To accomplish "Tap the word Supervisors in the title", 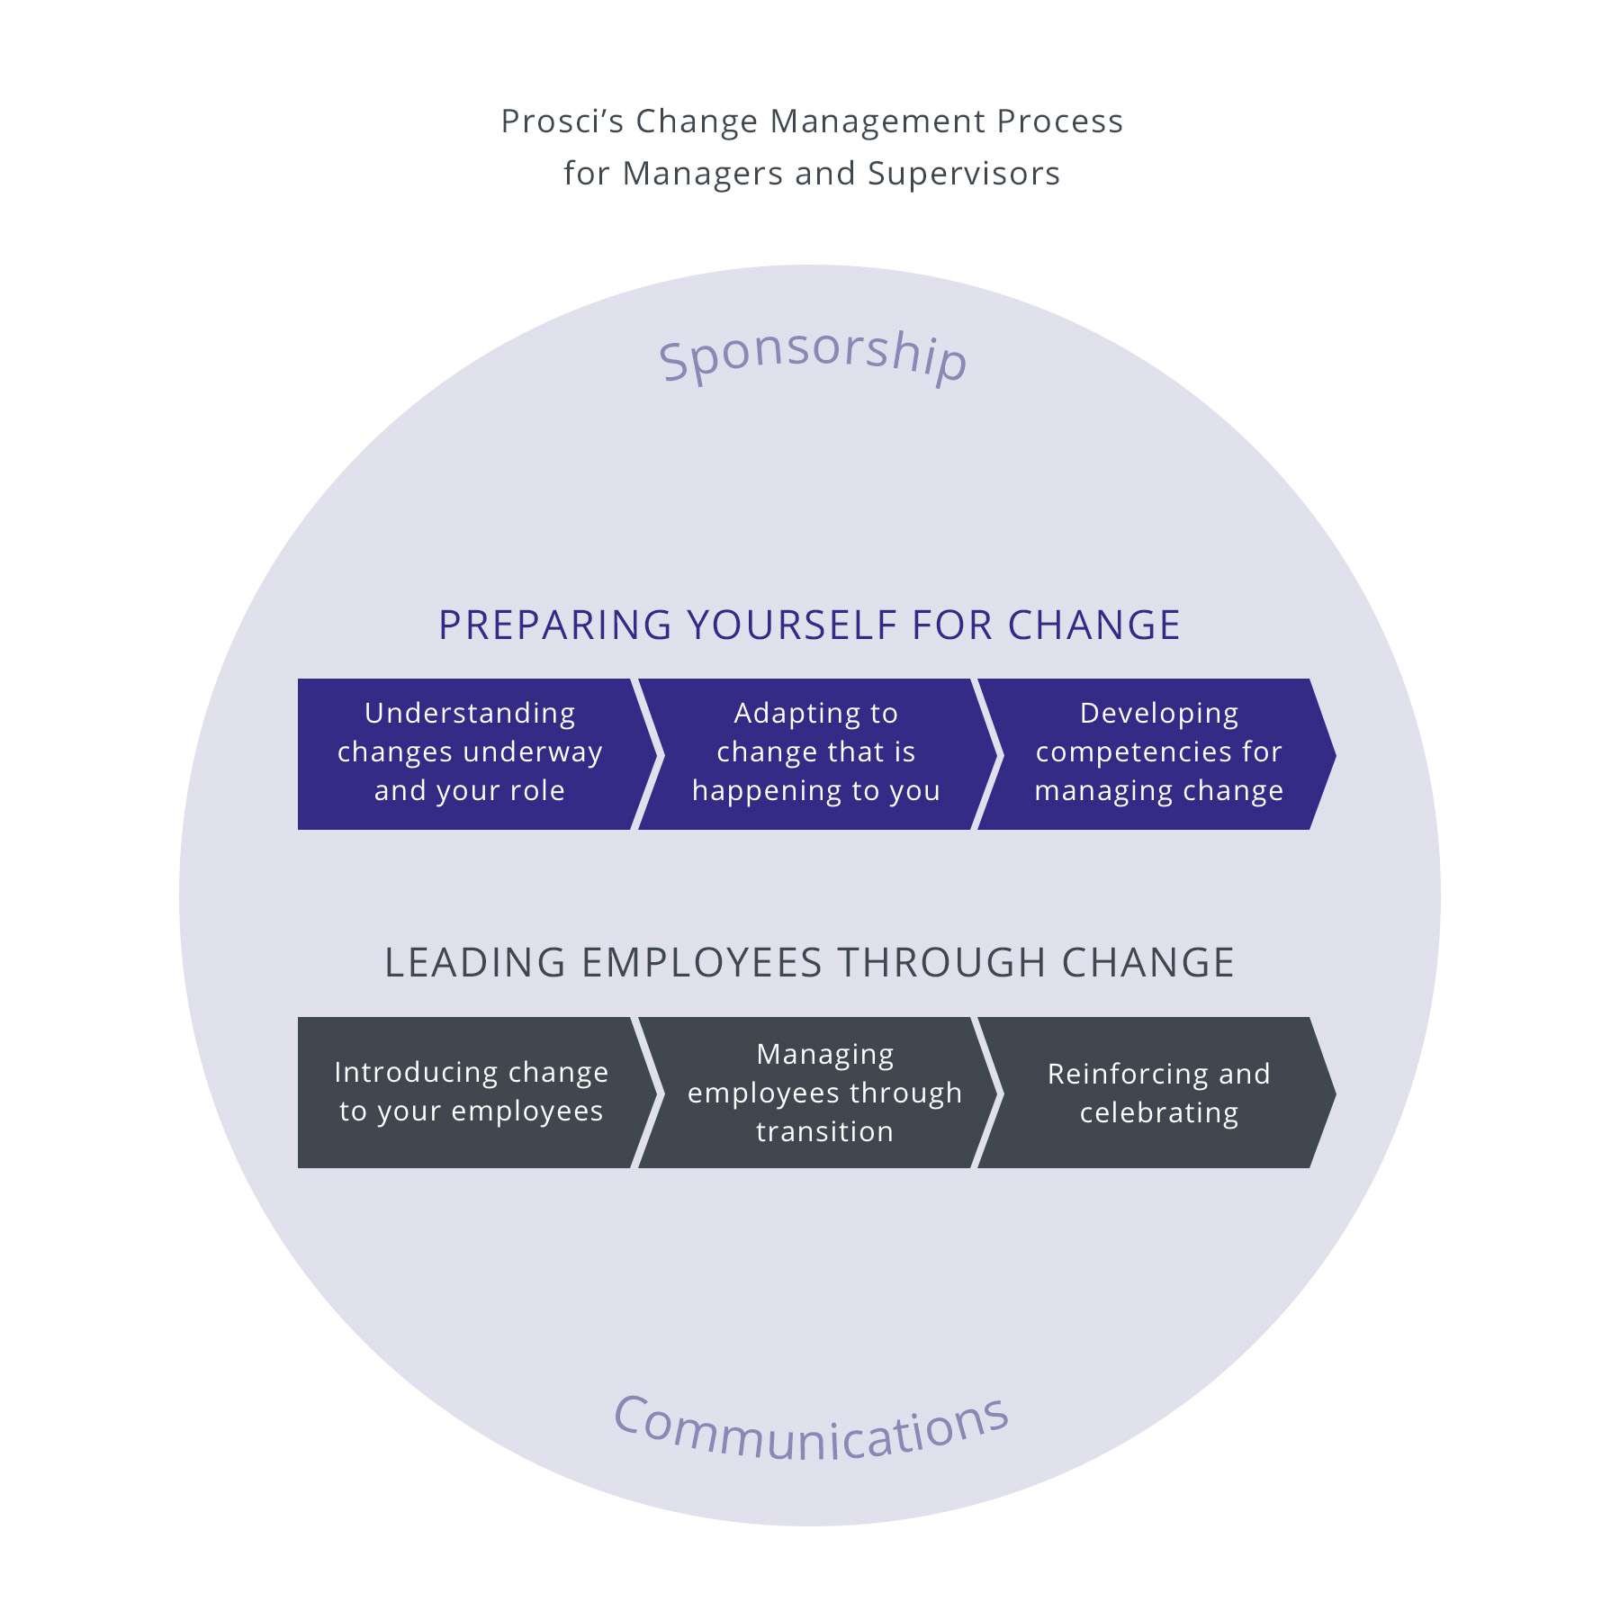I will tap(964, 174).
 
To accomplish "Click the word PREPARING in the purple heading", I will tap(554, 625).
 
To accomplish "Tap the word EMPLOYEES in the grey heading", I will tap(702, 963).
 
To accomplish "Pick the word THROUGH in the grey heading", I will tap(942, 963).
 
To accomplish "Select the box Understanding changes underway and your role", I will tap(468, 753).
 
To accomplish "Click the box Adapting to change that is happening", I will tap(814, 753).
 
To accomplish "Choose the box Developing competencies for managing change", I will tap(1156, 753).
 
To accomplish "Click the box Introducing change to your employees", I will tap(470, 1092).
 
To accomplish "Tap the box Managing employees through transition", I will tap(823, 1092).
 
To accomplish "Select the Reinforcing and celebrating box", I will tap(1157, 1092).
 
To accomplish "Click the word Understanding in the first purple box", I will tap(470, 714).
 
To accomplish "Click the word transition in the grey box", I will tap(824, 1131).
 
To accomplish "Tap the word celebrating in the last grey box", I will tap(1159, 1113).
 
